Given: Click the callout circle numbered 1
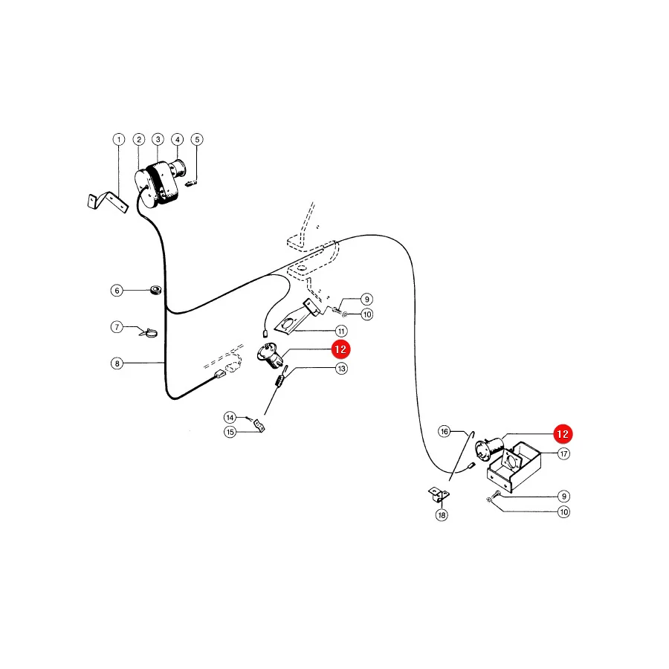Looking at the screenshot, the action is [119, 140].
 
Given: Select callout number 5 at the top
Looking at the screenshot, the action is [197, 140].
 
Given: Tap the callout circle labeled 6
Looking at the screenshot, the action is [117, 291].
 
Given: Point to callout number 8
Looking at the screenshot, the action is [117, 363].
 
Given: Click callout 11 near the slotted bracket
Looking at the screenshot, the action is [341, 331].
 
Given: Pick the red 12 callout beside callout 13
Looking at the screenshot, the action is [340, 349].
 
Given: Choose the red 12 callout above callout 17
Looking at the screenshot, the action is [563, 434].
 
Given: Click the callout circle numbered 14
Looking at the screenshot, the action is [230, 417].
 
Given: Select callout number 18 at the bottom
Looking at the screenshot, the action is [442, 515].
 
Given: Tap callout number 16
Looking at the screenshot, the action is [445, 431].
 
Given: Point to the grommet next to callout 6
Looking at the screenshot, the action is [156, 290].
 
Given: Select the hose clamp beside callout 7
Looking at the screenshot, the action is [149, 332].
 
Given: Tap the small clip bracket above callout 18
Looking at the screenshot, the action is [439, 495].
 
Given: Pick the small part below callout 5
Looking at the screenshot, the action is [192, 184].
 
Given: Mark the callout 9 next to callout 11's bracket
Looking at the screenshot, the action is [366, 300].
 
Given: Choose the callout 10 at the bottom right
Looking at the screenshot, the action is [564, 512].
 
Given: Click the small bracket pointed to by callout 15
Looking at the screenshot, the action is [259, 425].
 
